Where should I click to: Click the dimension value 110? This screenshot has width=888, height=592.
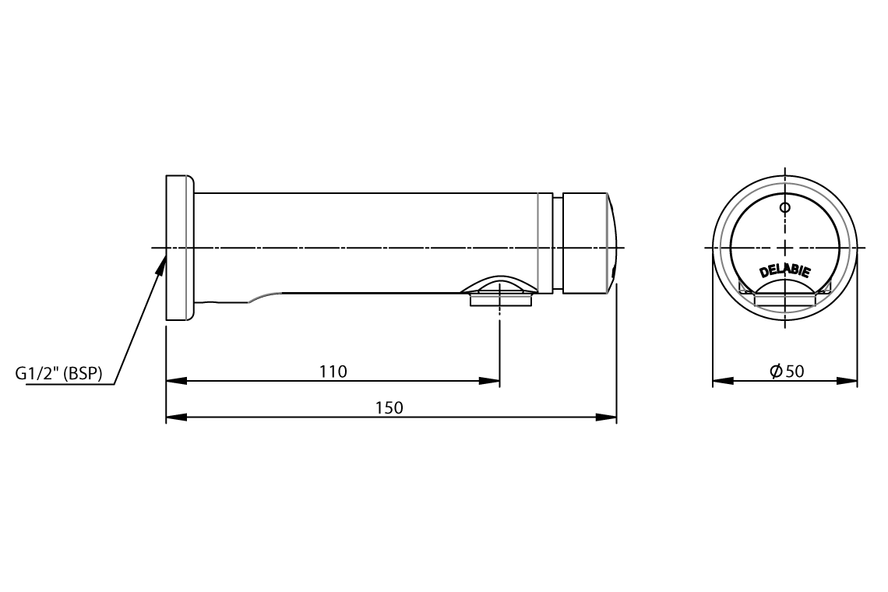pyautogui.click(x=333, y=371)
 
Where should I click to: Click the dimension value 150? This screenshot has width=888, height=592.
pyautogui.click(x=390, y=407)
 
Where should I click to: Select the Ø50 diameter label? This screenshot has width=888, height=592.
pyautogui.click(x=786, y=371)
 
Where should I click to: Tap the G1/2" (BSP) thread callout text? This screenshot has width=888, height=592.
pyautogui.click(x=58, y=374)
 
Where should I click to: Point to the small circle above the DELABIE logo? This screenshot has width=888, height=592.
pyautogui.click(x=784, y=207)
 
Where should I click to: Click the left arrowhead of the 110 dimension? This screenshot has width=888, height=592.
pyautogui.click(x=176, y=381)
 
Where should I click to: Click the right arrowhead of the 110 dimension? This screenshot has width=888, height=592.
pyautogui.click(x=490, y=381)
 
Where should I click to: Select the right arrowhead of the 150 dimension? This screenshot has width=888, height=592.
pyautogui.click(x=607, y=418)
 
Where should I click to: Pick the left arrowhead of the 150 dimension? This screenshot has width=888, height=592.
pyautogui.click(x=176, y=418)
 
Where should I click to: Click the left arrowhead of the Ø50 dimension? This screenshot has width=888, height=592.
pyautogui.click(x=723, y=381)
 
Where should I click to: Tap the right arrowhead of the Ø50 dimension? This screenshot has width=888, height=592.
pyautogui.click(x=847, y=381)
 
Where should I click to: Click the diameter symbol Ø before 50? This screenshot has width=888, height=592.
pyautogui.click(x=776, y=372)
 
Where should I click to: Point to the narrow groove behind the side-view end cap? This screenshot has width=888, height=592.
pyautogui.click(x=558, y=243)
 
